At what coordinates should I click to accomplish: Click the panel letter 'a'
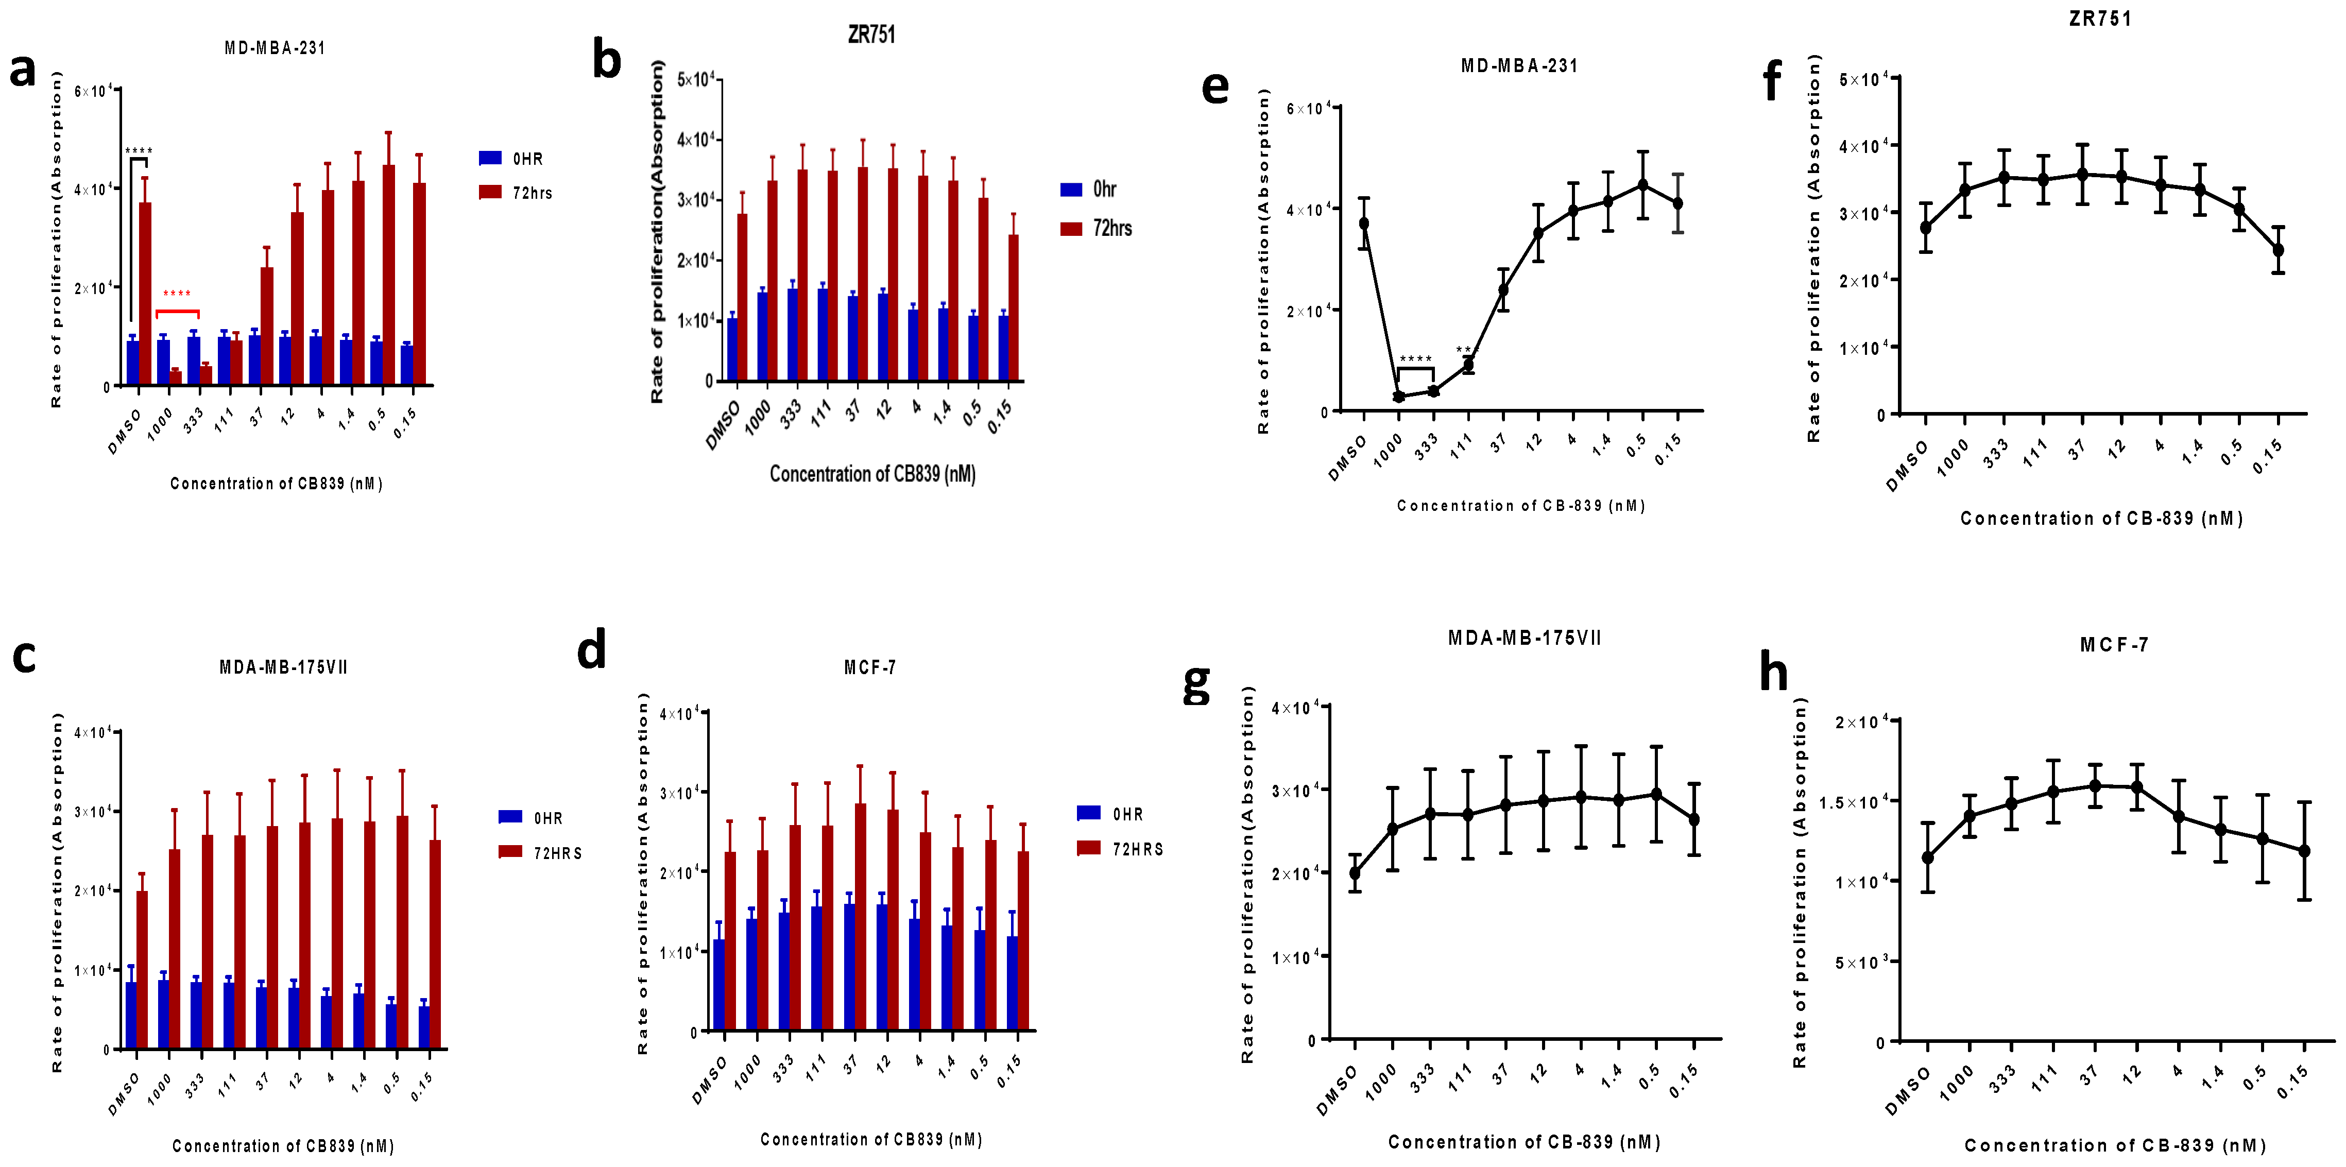23,71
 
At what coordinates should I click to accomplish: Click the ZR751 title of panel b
871,35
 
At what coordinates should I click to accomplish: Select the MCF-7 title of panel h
2114,645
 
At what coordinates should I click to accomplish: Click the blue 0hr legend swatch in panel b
1071,190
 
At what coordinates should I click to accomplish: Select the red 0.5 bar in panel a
389,274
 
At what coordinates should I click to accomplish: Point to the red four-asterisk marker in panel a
177,294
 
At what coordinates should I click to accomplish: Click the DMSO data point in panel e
1363,223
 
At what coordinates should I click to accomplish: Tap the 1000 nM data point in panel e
1399,396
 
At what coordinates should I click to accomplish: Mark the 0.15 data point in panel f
2277,250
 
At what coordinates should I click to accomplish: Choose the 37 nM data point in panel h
2095,785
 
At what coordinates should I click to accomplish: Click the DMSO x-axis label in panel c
124,1094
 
